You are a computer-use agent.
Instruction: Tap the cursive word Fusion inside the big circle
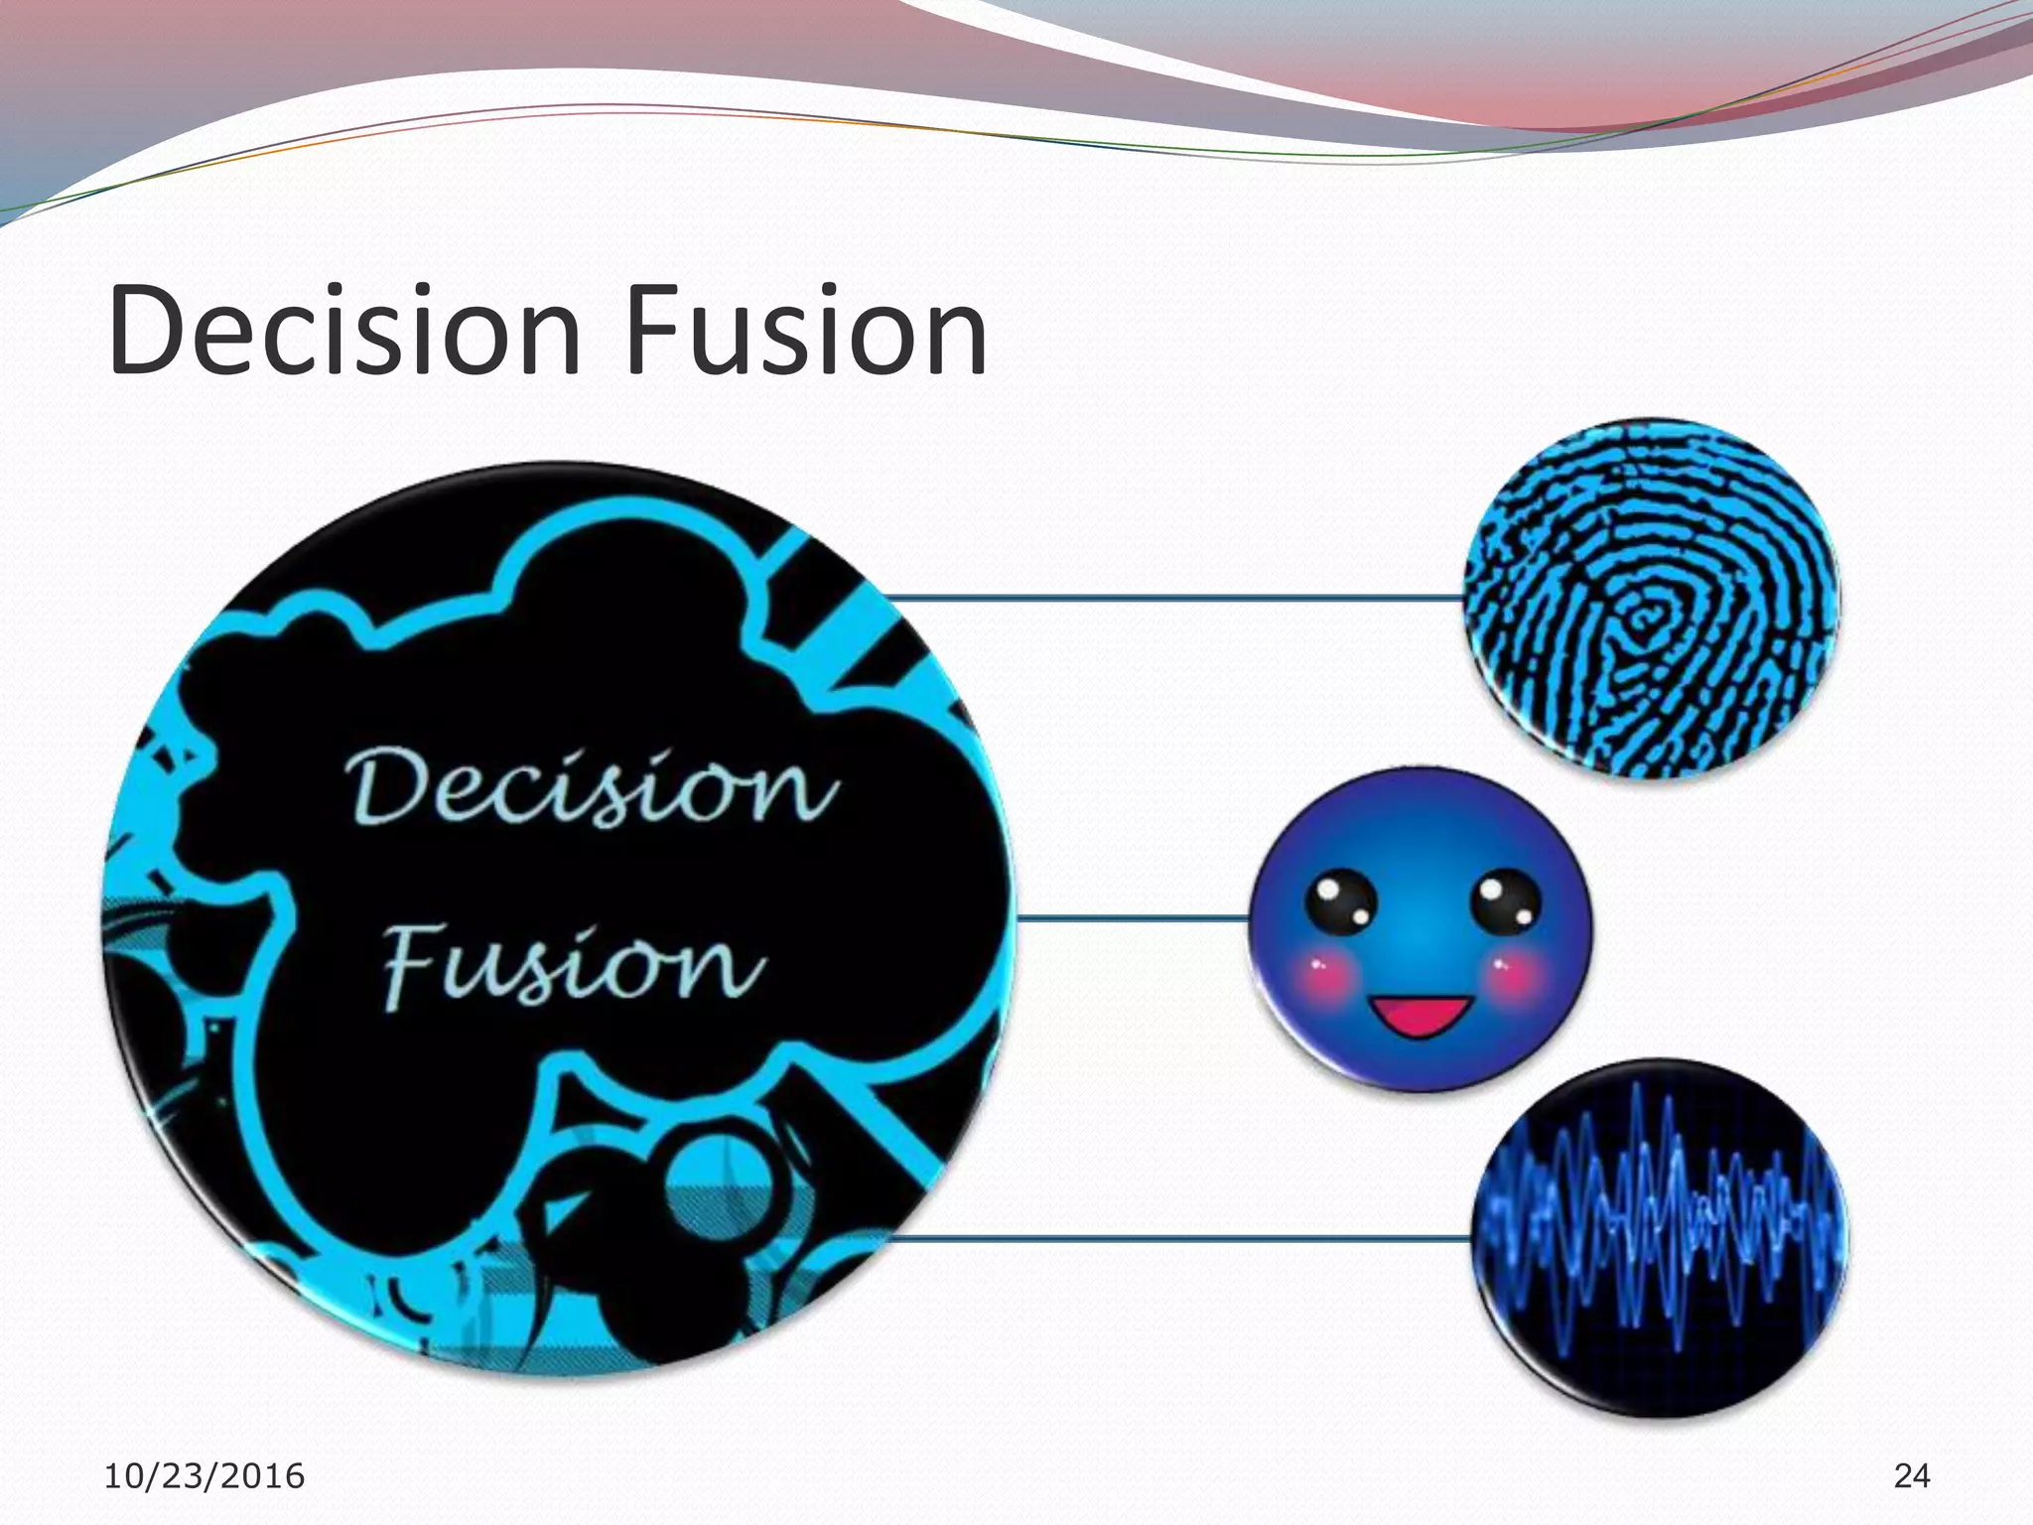(574, 963)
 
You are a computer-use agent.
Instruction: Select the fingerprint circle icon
(1652, 599)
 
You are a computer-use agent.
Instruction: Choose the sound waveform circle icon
(1659, 1238)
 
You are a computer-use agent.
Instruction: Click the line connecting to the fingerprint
(1171, 598)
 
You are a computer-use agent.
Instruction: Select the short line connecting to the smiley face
(1132, 918)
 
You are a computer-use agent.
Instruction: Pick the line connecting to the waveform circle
(1176, 1238)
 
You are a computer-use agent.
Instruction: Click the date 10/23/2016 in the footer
(204, 1476)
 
